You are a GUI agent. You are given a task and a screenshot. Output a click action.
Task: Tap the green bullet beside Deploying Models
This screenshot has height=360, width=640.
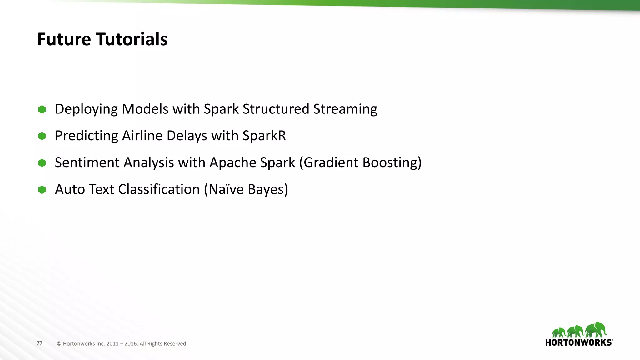coord(42,109)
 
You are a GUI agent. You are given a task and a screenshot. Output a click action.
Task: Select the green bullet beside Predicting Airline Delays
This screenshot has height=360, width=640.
coord(42,136)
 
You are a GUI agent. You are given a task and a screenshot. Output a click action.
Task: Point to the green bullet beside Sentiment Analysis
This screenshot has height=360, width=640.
coord(42,163)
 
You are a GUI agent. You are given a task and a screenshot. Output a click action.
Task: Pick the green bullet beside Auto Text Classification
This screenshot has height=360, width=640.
coord(42,190)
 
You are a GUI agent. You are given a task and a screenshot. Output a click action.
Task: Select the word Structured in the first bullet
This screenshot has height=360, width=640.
coord(276,109)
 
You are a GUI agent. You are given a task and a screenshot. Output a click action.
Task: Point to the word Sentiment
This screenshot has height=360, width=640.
coord(87,162)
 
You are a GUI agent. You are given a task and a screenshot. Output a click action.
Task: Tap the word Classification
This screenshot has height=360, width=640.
coord(159,189)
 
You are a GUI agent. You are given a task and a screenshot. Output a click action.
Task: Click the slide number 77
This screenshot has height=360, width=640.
coord(39,343)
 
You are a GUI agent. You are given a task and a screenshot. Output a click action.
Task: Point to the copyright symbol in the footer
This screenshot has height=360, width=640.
coord(59,344)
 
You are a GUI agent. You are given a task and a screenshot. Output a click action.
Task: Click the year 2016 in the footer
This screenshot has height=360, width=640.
coord(131,344)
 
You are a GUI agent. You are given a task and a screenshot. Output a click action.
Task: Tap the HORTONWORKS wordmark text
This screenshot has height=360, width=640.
coord(579,342)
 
